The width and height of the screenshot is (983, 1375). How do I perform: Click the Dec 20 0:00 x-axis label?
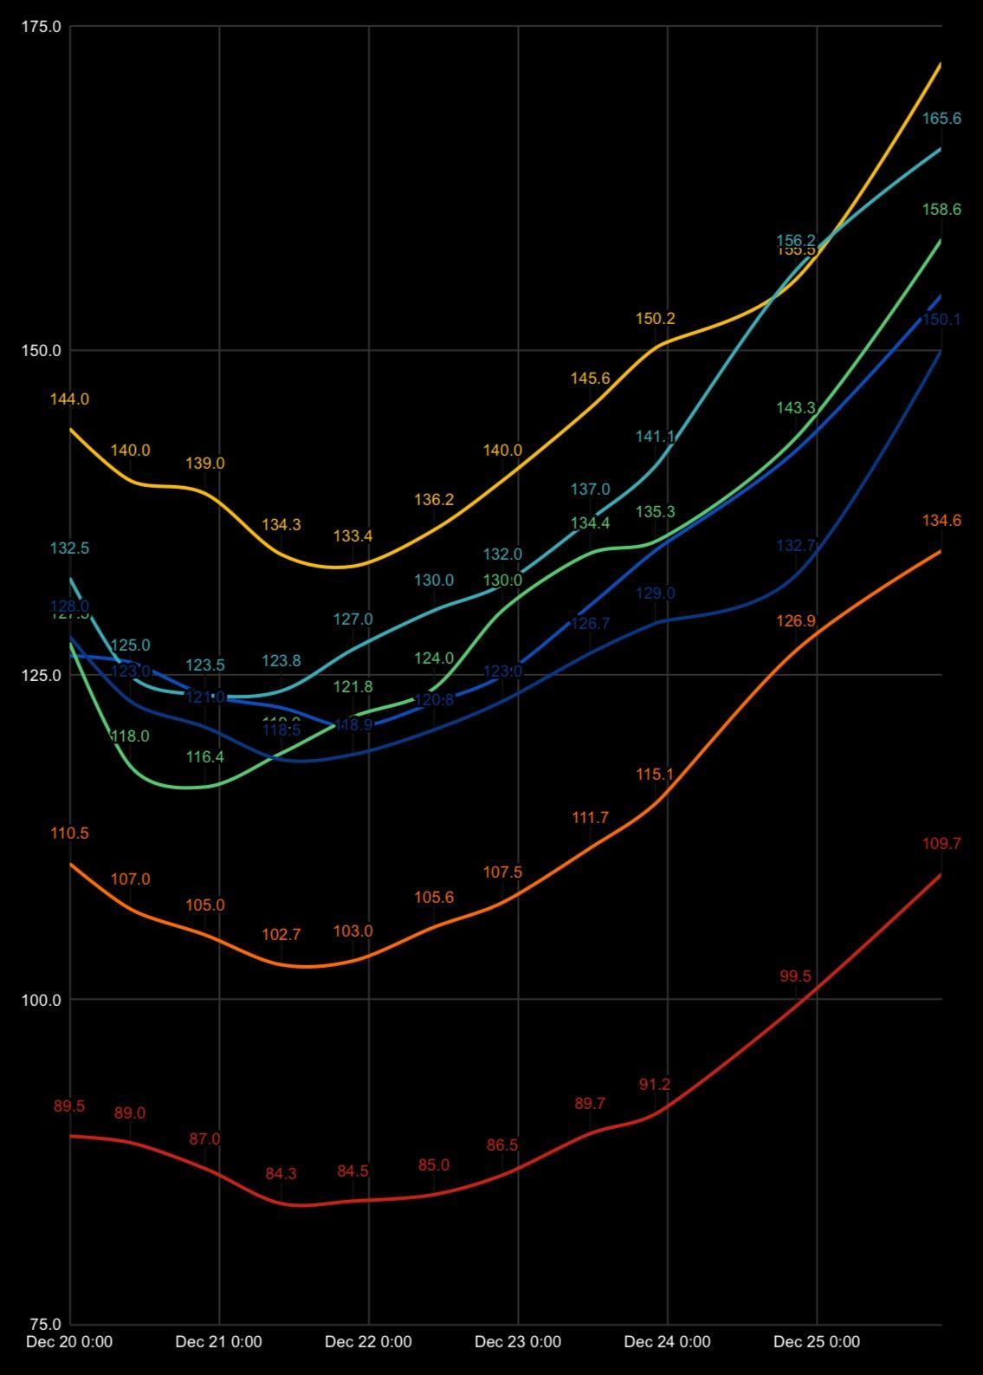pos(69,1342)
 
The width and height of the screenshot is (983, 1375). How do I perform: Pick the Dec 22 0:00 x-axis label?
pos(368,1342)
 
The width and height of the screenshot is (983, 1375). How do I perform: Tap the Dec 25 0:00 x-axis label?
pos(817,1342)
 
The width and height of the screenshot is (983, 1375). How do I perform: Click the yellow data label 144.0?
pos(69,399)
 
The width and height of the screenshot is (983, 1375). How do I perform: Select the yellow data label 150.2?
pos(655,319)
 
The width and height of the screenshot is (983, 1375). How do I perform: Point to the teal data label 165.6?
pos(941,119)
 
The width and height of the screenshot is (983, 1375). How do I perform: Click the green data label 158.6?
pos(941,210)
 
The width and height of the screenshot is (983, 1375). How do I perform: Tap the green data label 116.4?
pos(205,757)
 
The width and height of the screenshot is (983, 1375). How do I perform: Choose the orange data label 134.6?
pos(941,521)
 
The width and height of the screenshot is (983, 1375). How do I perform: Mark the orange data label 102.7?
pos(281,935)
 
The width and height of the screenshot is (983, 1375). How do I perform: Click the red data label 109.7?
pos(941,844)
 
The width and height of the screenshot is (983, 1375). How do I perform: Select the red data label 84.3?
pos(281,1174)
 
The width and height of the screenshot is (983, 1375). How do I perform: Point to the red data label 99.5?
pos(795,976)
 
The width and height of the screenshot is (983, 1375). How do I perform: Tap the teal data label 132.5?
pos(69,548)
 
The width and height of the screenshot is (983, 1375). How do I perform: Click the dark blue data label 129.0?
pos(655,593)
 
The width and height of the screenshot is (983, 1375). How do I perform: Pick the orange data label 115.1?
pos(655,775)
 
